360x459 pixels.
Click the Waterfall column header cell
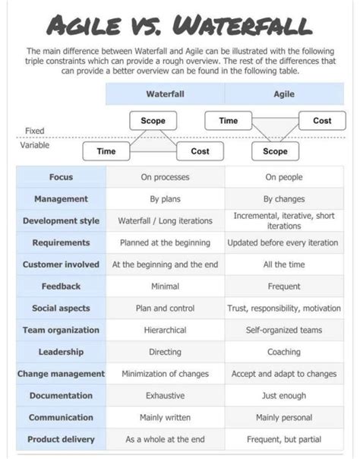pos(166,94)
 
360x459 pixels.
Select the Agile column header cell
pos(284,94)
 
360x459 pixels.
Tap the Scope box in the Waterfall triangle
pos(153,121)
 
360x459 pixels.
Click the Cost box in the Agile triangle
pos(322,121)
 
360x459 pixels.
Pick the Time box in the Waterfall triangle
pos(106,151)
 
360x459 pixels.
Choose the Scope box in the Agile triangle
pos(275,151)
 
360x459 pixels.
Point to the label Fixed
pos(34,131)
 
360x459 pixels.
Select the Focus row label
pos(61,177)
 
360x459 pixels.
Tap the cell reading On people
pos(284,177)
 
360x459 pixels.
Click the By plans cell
pos(166,199)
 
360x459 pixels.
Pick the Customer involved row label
pos(61,264)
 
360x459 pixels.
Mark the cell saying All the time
pos(284,264)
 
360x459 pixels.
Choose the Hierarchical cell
pos(166,331)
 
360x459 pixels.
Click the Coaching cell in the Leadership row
pos(284,353)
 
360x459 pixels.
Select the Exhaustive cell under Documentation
pos(166,396)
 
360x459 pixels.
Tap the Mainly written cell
pos(166,418)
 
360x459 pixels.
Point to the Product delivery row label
pos(61,439)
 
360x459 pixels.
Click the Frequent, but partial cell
pos(284,439)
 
